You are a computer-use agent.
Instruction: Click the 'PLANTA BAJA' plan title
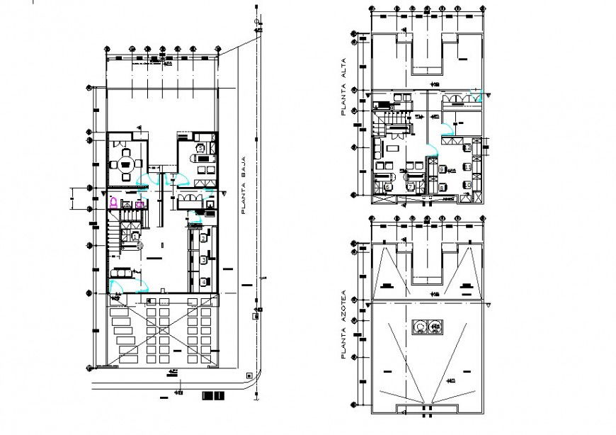243,185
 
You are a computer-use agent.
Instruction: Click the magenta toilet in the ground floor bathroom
113,203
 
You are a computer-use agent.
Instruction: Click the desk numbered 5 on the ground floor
200,149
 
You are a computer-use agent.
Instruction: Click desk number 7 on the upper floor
411,186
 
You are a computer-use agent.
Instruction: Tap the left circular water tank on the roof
420,326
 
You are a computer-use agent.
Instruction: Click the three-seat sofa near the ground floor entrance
119,272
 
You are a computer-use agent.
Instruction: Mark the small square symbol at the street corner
249,375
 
